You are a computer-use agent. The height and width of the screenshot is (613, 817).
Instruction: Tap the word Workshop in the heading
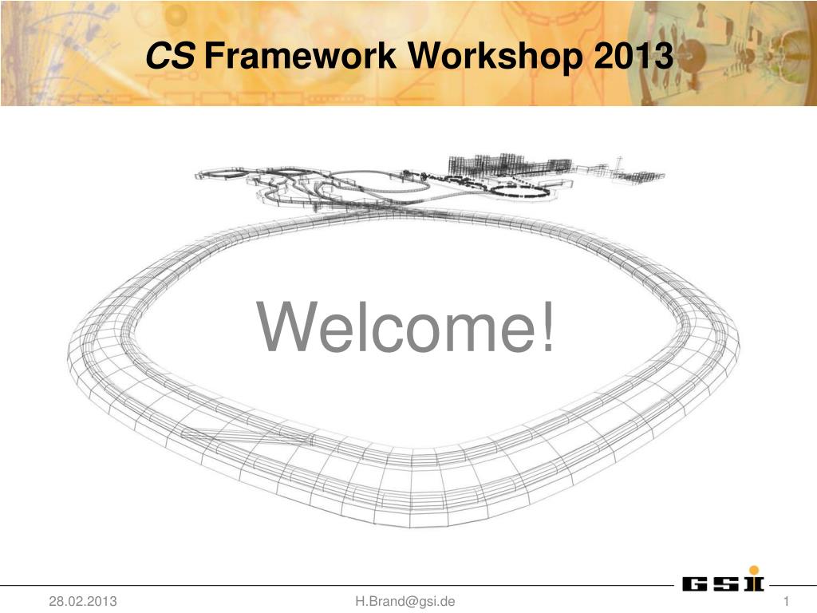coord(495,57)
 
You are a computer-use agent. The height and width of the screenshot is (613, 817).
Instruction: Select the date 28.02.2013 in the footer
coord(83,601)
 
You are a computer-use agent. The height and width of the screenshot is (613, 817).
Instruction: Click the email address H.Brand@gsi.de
coord(405,601)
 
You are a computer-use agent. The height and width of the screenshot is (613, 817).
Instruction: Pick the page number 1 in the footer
coord(786,602)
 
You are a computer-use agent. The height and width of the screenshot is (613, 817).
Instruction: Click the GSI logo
coord(723,579)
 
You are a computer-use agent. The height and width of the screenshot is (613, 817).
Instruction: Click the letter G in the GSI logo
coord(695,583)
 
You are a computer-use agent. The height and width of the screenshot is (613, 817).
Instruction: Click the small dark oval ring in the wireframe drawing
coord(522,190)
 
